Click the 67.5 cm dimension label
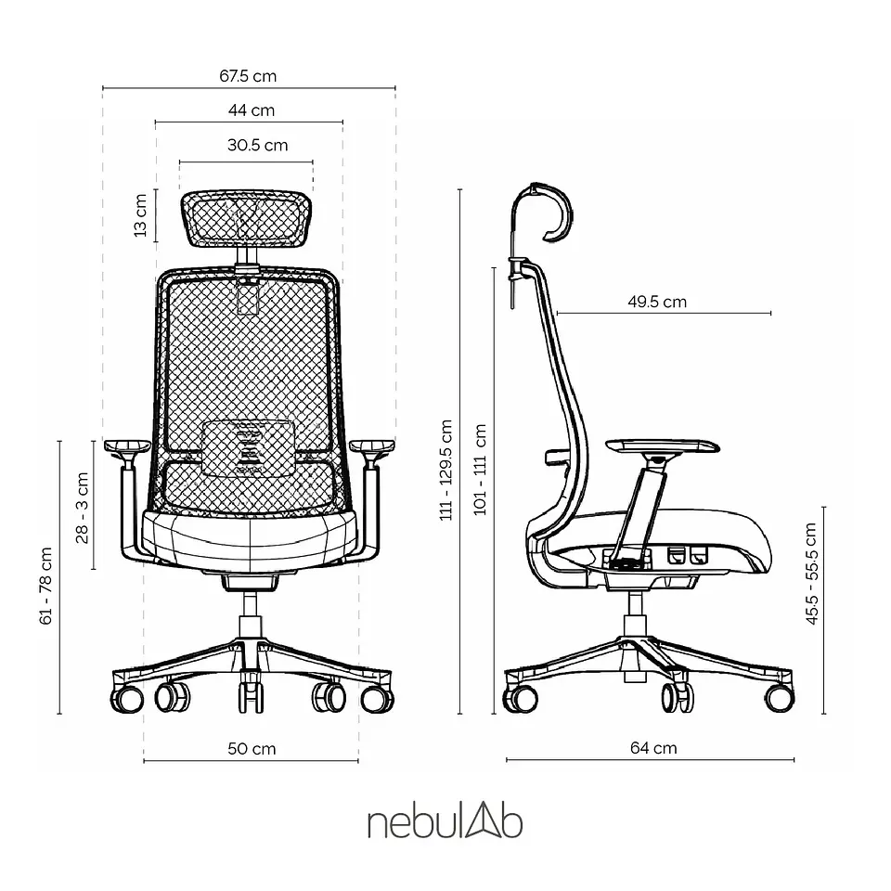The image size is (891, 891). [248, 76]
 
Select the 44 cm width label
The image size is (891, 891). [252, 110]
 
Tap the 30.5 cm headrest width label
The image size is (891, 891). [257, 145]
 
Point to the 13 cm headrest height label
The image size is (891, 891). [140, 215]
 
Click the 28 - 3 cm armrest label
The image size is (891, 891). [83, 508]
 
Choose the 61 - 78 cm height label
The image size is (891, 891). [46, 586]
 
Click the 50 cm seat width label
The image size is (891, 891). [252, 748]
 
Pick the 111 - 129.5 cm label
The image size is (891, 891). [446, 470]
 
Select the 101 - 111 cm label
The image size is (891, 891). [480, 470]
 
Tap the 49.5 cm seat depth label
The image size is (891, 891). [657, 302]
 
